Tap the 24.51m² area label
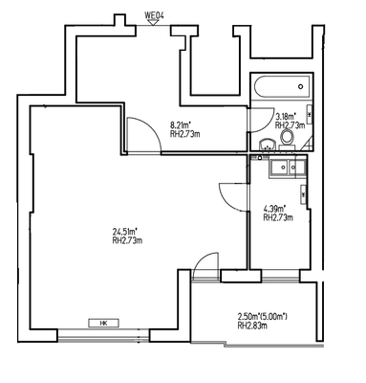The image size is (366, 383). [x=125, y=231]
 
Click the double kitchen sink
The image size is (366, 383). [x=286, y=169]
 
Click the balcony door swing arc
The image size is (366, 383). [x=203, y=266]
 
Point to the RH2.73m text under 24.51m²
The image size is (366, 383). [x=126, y=240]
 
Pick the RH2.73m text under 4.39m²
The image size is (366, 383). [x=277, y=218]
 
